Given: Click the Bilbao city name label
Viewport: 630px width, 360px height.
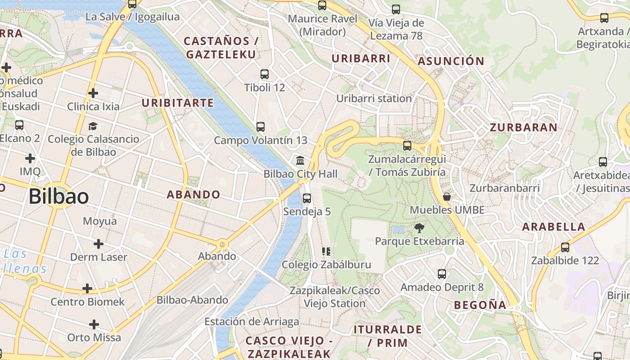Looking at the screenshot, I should (58, 197).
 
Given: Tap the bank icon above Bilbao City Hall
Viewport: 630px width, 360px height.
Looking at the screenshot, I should (300, 160).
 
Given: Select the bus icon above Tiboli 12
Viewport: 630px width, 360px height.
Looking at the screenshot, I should (265, 74).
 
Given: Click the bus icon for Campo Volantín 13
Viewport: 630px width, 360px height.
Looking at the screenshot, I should (261, 127).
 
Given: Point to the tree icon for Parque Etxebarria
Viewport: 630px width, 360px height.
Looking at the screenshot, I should (419, 228).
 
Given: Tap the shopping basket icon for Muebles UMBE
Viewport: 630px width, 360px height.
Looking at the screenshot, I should (447, 197).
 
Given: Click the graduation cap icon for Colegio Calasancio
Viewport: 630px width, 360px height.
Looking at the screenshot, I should (93, 126).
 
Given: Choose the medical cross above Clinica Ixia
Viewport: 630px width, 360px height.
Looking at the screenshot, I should (93, 93).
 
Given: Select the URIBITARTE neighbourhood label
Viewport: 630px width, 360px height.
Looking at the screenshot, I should (178, 103).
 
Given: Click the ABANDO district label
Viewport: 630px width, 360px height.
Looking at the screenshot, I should (193, 195).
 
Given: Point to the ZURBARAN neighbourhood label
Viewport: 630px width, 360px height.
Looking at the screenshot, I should (523, 127).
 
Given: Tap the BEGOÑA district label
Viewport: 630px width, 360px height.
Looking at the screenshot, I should (480, 305).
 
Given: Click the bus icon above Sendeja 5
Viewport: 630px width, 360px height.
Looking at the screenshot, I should (307, 198).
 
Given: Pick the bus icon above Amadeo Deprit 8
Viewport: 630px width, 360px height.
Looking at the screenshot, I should (442, 274).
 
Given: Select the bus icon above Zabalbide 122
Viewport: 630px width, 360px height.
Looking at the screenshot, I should (565, 247).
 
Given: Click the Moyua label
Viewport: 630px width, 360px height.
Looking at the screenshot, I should (100, 221).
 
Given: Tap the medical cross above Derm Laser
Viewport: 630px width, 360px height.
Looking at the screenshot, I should (99, 244).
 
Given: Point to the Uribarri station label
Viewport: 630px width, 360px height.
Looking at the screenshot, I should (374, 99).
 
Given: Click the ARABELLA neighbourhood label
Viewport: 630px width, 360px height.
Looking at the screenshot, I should (553, 227).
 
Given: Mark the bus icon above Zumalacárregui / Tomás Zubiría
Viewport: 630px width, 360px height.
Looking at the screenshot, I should (407, 146).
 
